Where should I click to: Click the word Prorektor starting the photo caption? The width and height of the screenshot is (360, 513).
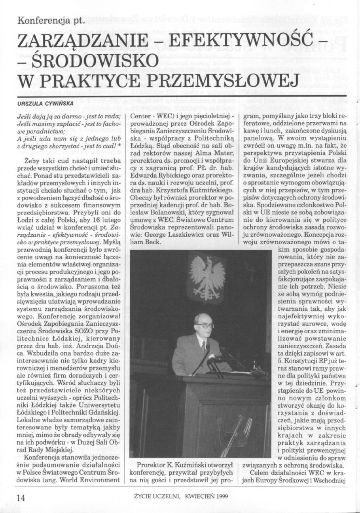[153, 464]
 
